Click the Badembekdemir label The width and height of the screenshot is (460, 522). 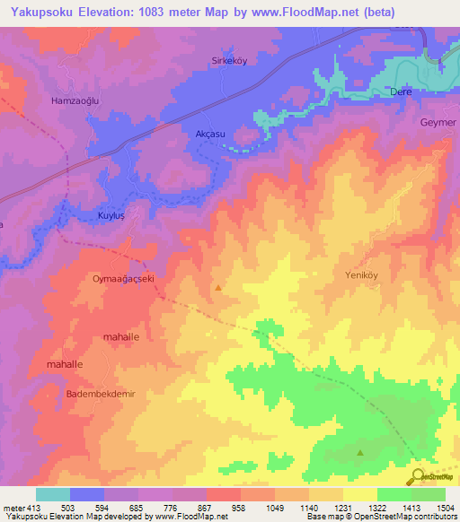100,394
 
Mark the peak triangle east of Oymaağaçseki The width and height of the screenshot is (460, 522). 218,288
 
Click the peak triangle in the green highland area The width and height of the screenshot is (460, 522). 361,453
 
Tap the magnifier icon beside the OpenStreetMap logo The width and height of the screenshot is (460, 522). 417,475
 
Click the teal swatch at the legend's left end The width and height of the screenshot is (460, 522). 53,494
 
